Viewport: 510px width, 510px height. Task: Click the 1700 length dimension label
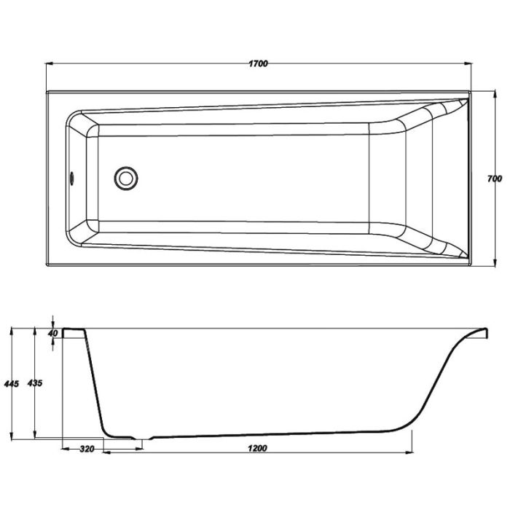point(258,63)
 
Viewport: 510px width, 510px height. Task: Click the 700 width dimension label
point(495,178)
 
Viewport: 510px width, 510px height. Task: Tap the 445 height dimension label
point(12,384)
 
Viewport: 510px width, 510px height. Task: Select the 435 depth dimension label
point(34,383)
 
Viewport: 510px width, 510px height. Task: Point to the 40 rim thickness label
point(52,333)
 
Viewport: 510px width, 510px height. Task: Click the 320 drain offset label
point(87,450)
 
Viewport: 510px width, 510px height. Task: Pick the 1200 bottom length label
point(257,449)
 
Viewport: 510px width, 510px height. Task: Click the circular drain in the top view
point(126,178)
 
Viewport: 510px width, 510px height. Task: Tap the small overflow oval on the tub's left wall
point(71,178)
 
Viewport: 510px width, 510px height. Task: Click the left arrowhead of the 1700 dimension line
point(49,64)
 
